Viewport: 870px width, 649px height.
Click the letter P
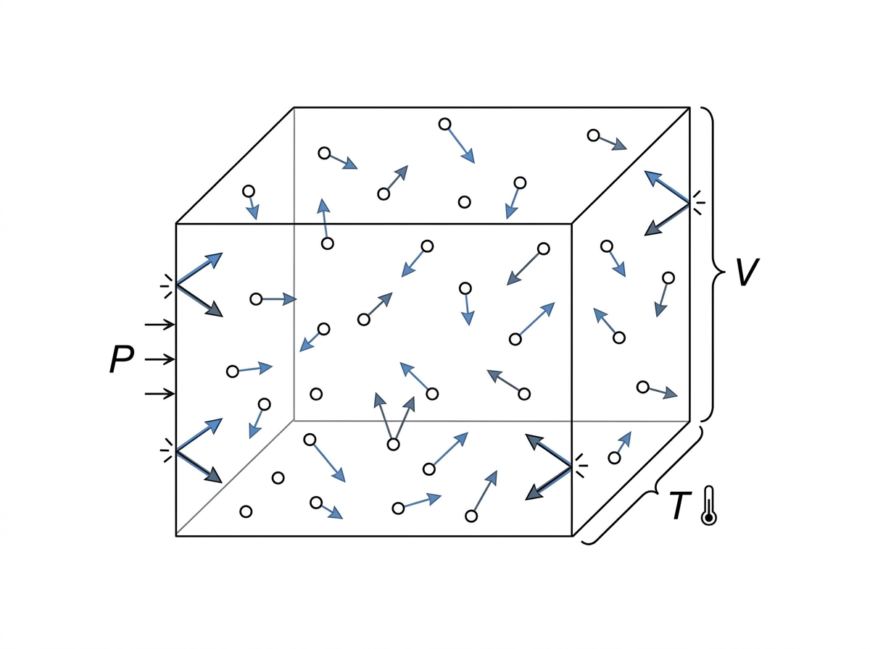click(122, 359)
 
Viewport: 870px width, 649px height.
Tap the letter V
click(747, 272)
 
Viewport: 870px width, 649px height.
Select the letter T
click(681, 506)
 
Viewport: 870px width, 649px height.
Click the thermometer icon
click(708, 506)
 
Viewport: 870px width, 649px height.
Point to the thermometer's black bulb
click(708, 518)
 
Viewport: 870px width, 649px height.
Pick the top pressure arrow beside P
click(159, 324)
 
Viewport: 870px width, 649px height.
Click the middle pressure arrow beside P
click(159, 359)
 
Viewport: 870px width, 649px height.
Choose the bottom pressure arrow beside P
click(159, 393)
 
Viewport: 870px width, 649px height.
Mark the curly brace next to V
click(713, 264)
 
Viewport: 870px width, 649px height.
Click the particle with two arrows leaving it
click(393, 444)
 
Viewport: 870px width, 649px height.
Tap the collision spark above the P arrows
click(167, 285)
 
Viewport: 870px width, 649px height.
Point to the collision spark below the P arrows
click(167, 451)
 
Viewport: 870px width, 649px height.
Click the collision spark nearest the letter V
click(698, 203)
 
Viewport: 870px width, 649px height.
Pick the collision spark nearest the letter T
click(581, 466)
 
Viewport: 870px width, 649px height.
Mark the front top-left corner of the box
click(176, 224)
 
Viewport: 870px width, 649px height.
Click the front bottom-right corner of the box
click(572, 536)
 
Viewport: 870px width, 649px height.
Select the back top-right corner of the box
click(689, 107)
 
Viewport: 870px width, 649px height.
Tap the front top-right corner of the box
click(571, 224)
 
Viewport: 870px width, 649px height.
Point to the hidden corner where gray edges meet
click(294, 420)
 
